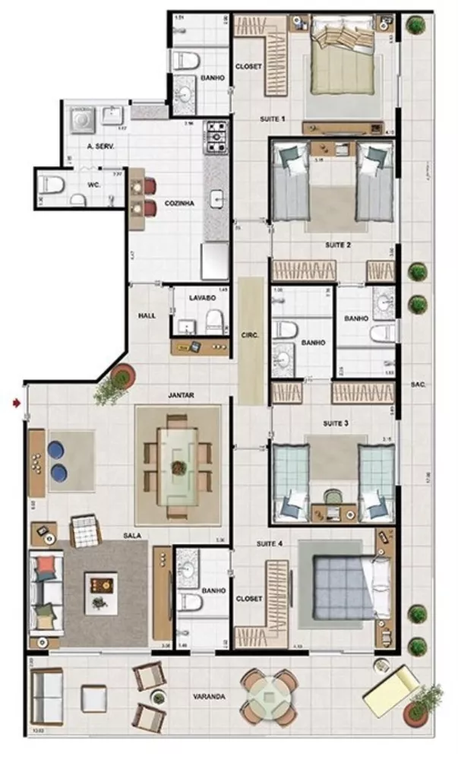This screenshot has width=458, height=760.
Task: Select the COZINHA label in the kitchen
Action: tap(179, 204)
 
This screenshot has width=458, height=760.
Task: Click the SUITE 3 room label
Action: tap(335, 423)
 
